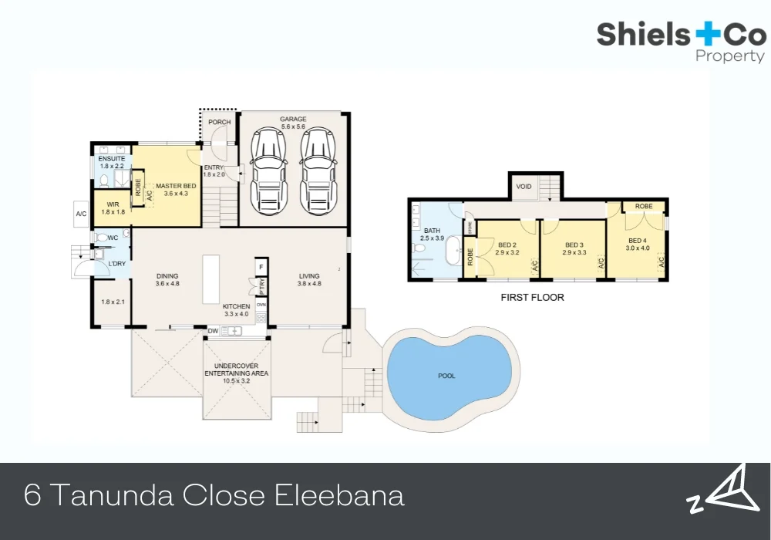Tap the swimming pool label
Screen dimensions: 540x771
446,376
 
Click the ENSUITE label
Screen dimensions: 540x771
112,163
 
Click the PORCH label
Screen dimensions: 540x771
220,123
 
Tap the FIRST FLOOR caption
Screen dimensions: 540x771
533,297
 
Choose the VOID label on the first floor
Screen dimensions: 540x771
524,187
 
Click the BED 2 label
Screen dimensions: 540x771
508,248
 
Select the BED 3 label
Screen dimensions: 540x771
574,248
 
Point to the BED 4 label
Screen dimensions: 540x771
639,244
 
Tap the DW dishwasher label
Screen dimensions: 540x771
213,331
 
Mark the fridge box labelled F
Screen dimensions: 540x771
261,267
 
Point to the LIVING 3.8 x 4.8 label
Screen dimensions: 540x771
309,279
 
